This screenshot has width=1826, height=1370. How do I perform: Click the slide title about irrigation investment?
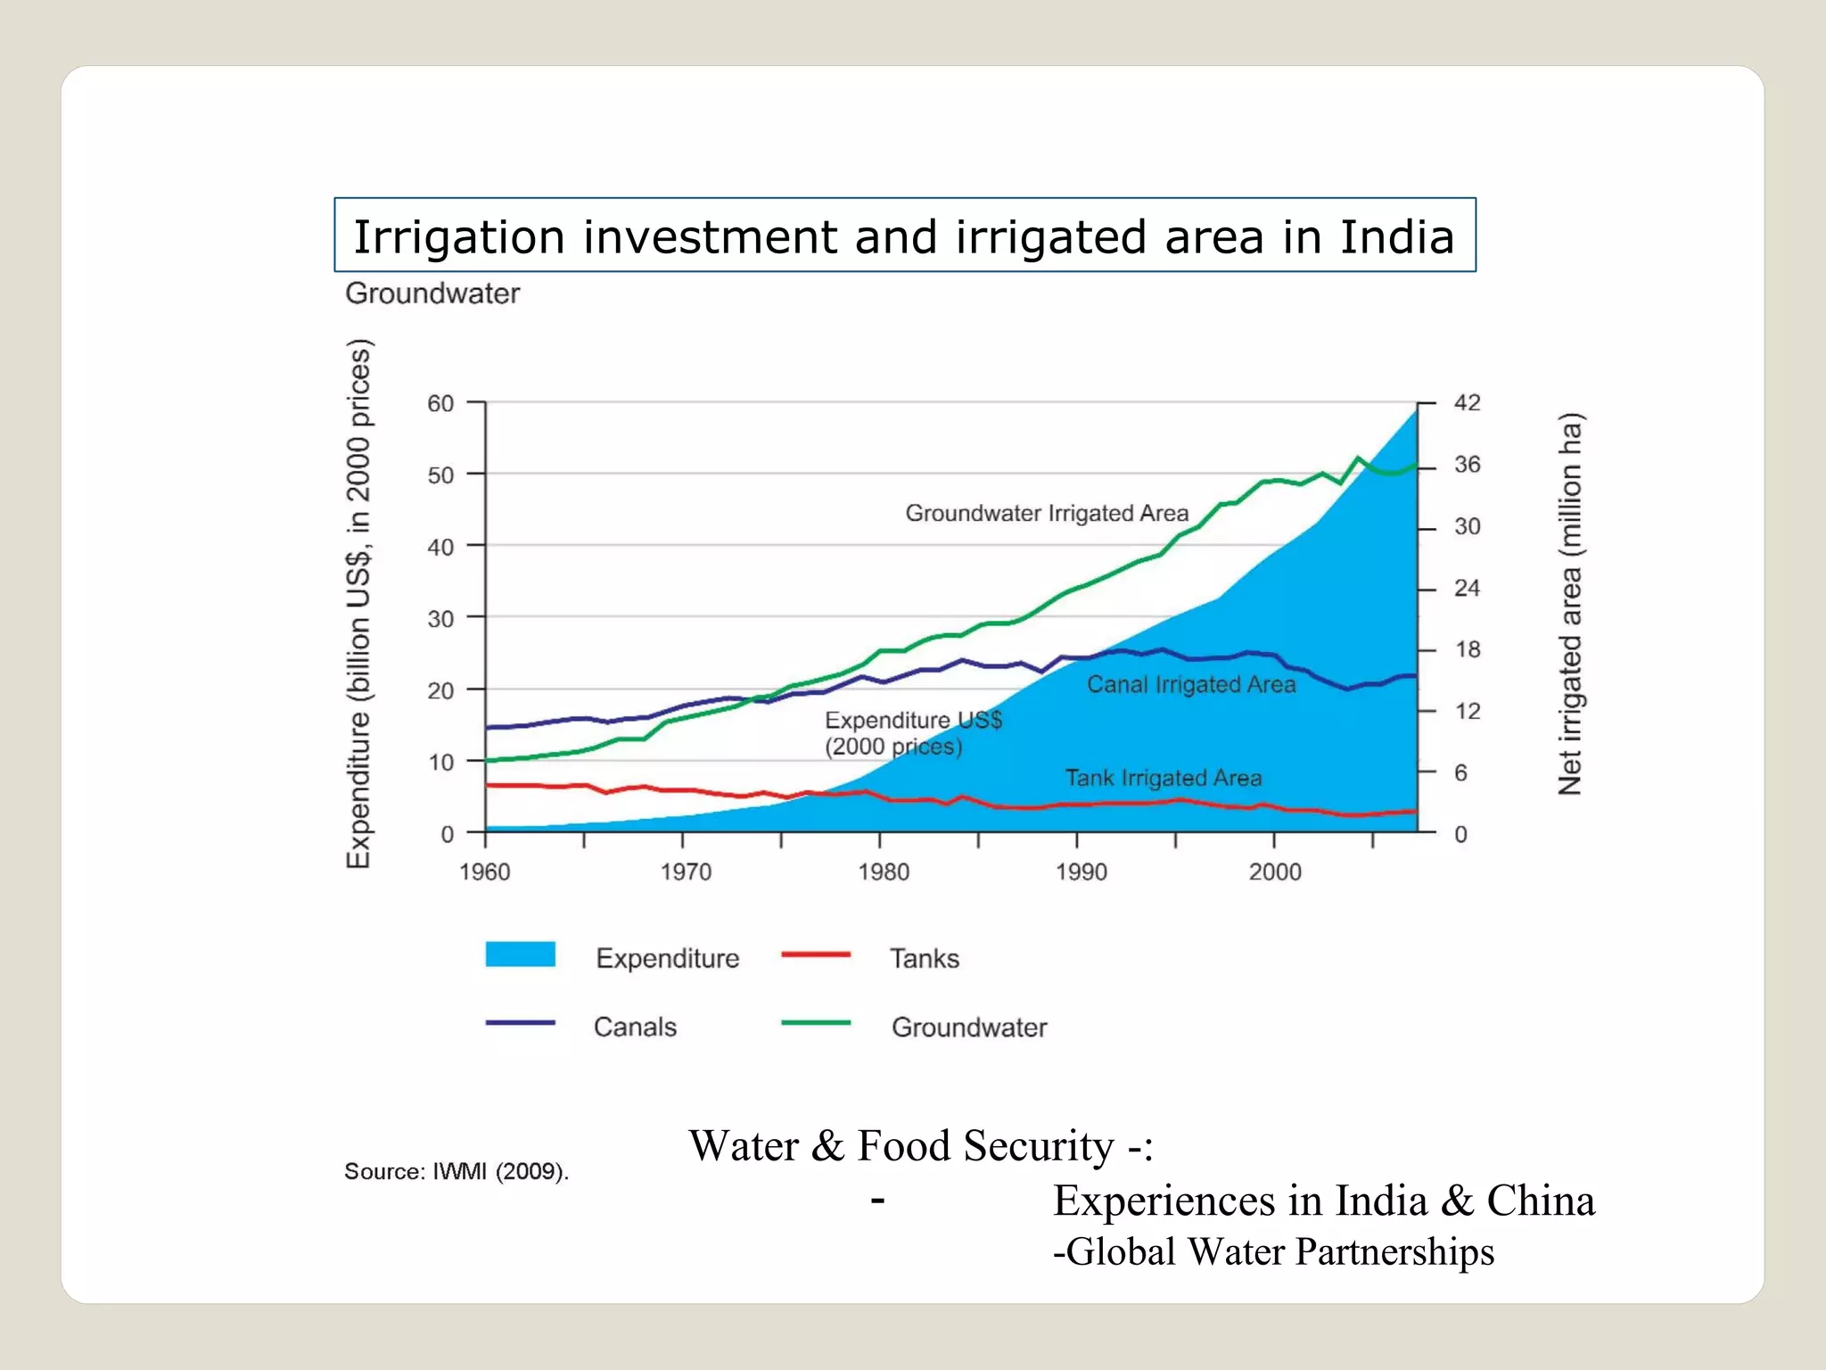pyautogui.click(x=904, y=236)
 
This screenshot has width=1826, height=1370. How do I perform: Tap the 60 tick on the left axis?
pyautogui.click(x=440, y=403)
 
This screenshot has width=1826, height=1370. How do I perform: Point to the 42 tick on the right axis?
pyautogui.click(x=1467, y=402)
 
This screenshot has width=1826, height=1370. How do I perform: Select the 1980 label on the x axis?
pyautogui.click(x=883, y=871)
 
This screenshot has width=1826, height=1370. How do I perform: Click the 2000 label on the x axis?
pyautogui.click(x=1274, y=871)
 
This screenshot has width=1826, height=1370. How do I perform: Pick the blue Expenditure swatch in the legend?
pyautogui.click(x=520, y=953)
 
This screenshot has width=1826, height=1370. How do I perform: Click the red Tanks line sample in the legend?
pyautogui.click(x=815, y=954)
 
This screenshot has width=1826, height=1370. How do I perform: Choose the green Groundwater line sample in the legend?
pyautogui.click(x=815, y=1023)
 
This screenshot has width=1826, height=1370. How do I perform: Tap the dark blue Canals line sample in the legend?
pyautogui.click(x=520, y=1023)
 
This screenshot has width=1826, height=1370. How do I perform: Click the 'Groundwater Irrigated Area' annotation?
pyautogui.click(x=1047, y=513)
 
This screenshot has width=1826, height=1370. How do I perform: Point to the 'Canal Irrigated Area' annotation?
pyautogui.click(x=1190, y=684)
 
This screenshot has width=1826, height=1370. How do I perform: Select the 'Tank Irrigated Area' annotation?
pyautogui.click(x=1163, y=778)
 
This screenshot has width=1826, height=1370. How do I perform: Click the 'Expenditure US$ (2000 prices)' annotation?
pyautogui.click(x=911, y=732)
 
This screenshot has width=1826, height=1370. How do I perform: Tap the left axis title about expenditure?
pyautogui.click(x=358, y=603)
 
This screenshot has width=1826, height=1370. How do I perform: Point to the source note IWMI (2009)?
pyautogui.click(x=456, y=1171)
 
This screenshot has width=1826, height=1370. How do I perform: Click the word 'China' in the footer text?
pyautogui.click(x=1540, y=1201)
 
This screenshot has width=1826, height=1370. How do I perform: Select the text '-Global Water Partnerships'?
pyautogui.click(x=1272, y=1251)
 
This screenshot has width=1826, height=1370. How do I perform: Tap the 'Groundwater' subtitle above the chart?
pyautogui.click(x=432, y=293)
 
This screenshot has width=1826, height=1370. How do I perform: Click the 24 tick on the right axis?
pyautogui.click(x=1467, y=588)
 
